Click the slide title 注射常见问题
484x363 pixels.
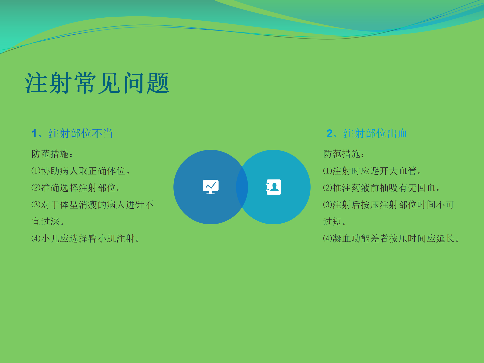coord(97,83)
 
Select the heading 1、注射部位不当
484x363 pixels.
coord(72,133)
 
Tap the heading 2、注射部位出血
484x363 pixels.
coord(367,133)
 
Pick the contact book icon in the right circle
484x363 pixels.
coord(274,187)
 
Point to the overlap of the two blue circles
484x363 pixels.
coord(242,187)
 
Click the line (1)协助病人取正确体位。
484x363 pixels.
coord(81,171)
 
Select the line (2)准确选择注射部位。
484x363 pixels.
coord(76,188)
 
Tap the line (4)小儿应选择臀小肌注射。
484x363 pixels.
coord(85,238)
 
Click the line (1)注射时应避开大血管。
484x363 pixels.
coord(372,171)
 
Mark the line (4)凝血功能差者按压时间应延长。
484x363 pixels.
coord(391,238)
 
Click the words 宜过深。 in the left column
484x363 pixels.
coord(48,222)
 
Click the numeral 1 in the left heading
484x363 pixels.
coord(34,134)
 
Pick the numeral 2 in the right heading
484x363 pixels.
coord(329,134)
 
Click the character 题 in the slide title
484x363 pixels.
coord(158,83)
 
